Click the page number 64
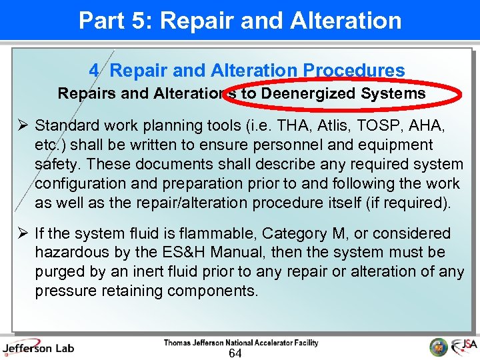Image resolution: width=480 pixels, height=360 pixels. point(235,353)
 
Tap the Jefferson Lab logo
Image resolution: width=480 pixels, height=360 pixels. point(38,347)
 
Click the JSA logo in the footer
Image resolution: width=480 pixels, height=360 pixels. point(463,346)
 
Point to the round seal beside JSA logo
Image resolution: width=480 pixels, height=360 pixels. point(439,347)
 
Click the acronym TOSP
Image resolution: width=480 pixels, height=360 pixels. point(367,125)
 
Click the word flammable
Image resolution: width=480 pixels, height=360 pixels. point(221,233)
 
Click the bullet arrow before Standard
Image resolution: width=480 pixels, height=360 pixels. point(21,125)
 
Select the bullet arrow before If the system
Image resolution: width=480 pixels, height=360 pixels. point(21,233)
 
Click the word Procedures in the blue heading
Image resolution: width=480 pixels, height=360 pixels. point(353,70)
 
